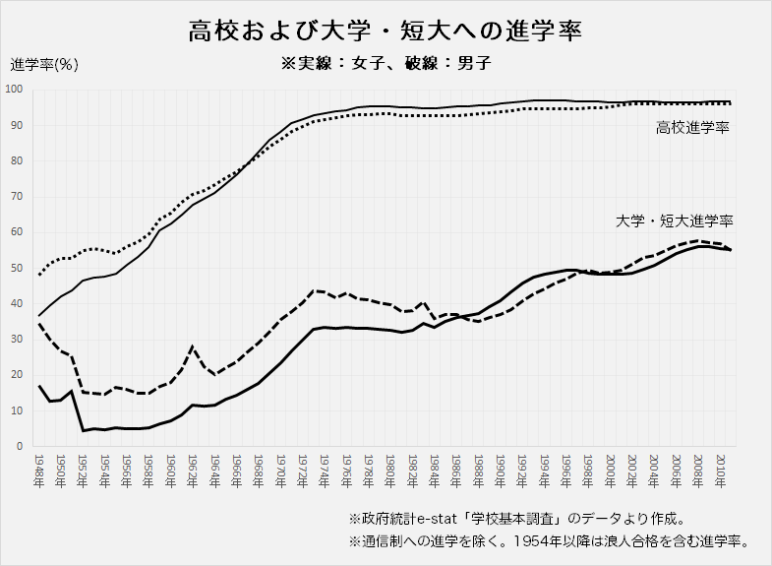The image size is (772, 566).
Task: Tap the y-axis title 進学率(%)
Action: tap(44, 65)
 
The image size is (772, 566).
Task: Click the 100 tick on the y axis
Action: tap(15, 90)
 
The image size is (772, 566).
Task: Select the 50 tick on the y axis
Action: tap(18, 268)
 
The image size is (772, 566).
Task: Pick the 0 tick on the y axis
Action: tap(21, 446)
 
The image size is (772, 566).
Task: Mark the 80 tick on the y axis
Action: tap(18, 160)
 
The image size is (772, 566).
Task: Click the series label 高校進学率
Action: tap(692, 128)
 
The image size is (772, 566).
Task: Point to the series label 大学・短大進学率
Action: tap(675, 221)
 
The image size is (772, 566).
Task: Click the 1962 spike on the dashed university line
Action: tap(193, 346)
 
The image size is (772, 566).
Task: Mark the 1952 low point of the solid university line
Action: tap(84, 430)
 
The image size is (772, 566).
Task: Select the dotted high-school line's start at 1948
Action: tap(39, 275)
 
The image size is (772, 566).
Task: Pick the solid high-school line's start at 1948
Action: tap(39, 315)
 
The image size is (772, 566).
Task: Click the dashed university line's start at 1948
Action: tap(39, 324)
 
